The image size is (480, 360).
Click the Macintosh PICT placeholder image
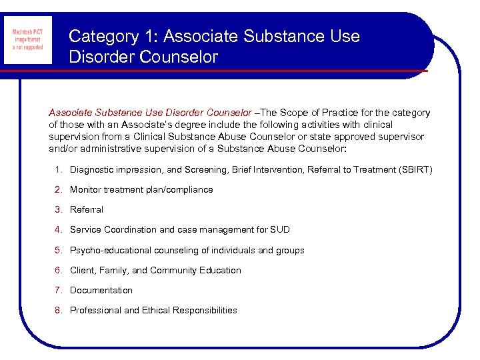(x=27, y=39)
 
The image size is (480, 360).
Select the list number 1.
(x=59, y=170)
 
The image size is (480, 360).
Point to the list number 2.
(x=59, y=190)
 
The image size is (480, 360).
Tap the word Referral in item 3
(x=87, y=210)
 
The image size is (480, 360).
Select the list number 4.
(x=59, y=230)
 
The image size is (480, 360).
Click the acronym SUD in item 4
(x=279, y=230)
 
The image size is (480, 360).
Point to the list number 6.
(x=59, y=270)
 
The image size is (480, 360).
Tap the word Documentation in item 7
(x=101, y=290)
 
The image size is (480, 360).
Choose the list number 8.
(x=59, y=310)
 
